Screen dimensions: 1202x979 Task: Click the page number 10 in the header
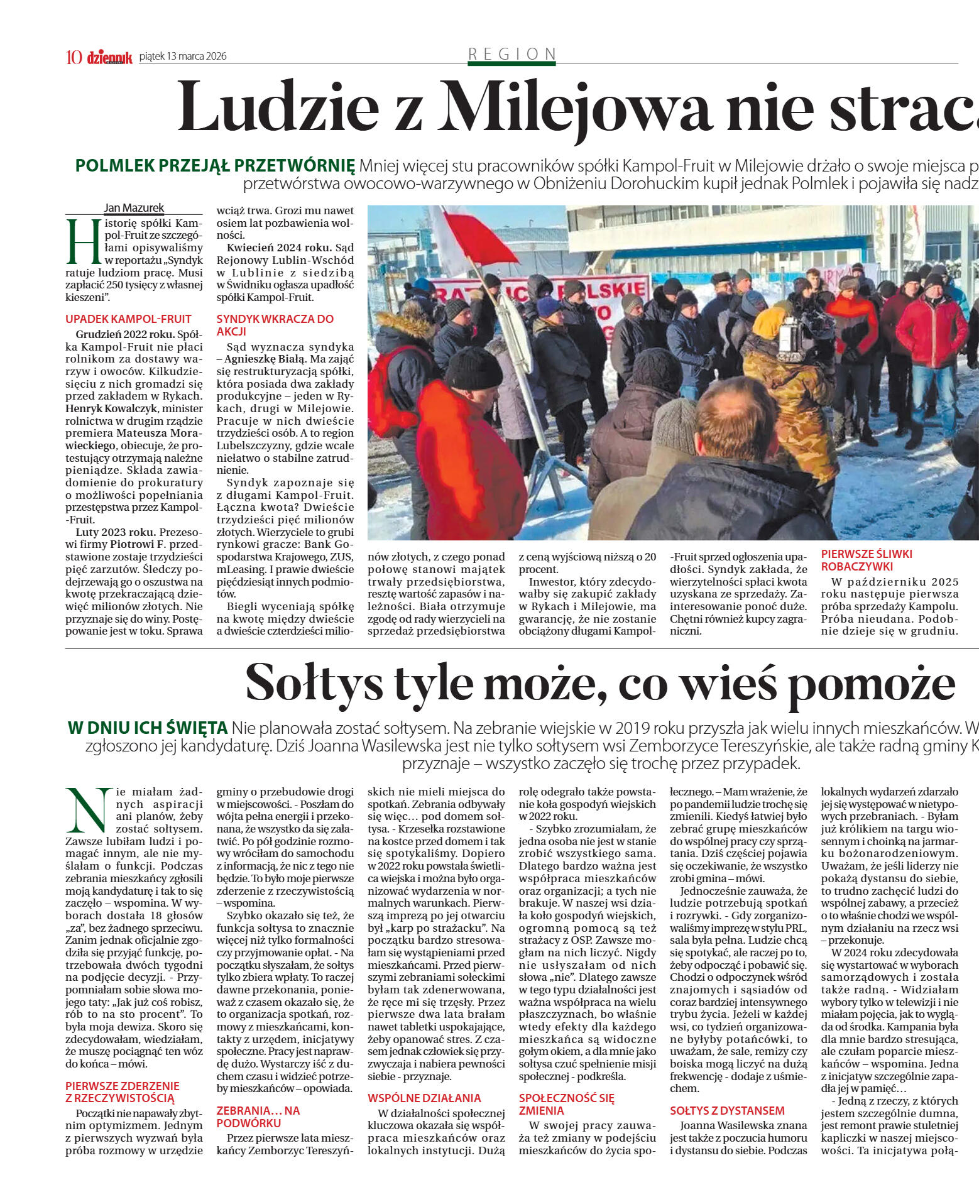[74, 57]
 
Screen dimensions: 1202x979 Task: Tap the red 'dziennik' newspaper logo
[109, 57]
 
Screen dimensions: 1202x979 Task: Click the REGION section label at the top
[512, 54]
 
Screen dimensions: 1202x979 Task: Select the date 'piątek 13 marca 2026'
[183, 56]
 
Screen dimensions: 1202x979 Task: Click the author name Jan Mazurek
[134, 208]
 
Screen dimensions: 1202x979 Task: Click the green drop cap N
[89, 810]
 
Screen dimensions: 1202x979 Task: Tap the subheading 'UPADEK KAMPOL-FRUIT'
[128, 319]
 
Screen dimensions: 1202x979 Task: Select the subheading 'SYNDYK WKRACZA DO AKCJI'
[275, 325]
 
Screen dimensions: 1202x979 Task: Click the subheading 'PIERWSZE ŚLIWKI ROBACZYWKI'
[866, 560]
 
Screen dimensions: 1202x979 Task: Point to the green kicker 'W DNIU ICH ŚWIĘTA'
[147, 728]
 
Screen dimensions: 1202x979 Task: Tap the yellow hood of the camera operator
[769, 322]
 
